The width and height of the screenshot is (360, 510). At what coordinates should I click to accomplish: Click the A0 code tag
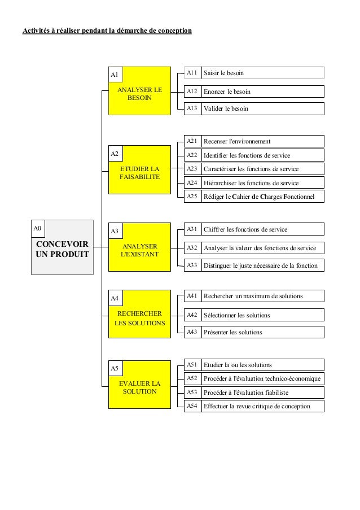point(37,228)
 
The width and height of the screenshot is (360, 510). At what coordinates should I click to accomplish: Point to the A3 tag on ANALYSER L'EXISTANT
point(115,231)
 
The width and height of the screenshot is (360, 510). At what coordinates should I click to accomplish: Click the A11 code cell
point(192,73)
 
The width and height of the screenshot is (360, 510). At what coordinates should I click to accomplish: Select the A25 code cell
point(192,196)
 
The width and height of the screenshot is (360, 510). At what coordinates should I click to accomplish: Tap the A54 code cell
point(192,406)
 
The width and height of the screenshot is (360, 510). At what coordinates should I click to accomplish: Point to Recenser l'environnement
point(237,141)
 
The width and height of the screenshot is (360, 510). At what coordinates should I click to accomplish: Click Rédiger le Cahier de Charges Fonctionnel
point(263,196)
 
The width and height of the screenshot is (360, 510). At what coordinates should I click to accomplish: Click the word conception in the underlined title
point(173,29)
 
